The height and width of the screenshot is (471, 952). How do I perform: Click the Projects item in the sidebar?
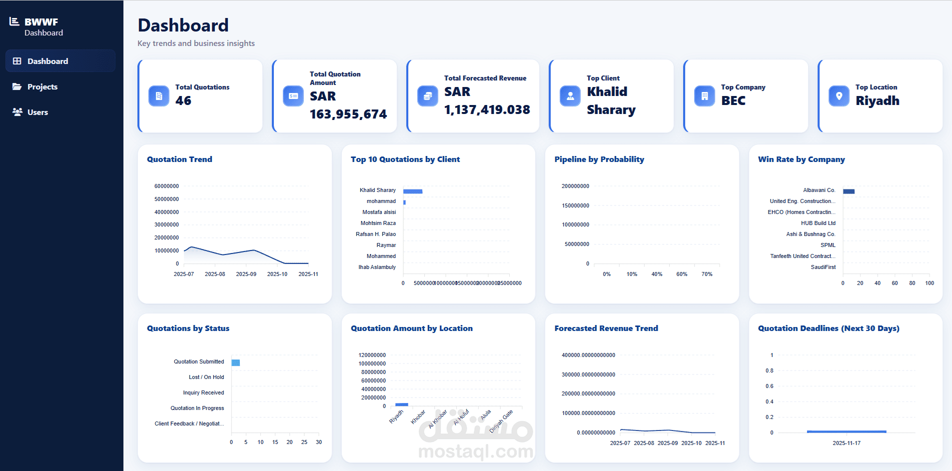pos(42,87)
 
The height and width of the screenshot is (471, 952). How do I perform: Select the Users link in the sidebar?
pos(37,112)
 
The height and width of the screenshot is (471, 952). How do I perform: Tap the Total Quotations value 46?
pos(183,100)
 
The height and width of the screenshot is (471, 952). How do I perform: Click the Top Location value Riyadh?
pos(877,100)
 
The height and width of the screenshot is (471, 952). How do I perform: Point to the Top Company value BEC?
pos(733,100)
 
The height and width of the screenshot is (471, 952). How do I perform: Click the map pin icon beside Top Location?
pos(839,96)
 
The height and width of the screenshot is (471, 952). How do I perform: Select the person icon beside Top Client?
pos(570,96)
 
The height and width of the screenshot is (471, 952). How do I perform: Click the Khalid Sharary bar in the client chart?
pos(413,191)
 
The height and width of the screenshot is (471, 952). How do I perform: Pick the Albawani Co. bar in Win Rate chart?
pos(849,191)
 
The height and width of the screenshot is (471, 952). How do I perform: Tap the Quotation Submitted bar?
pos(236,362)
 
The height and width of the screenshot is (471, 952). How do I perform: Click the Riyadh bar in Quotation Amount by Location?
pos(401,404)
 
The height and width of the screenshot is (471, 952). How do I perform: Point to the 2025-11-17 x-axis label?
pos(846,443)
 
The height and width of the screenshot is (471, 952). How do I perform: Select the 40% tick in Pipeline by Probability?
pos(657,274)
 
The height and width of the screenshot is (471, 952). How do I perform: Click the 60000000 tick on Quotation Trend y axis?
pos(166,186)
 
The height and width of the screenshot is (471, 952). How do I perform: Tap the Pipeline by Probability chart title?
pos(599,159)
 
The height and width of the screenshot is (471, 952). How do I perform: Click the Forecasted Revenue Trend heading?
pos(606,328)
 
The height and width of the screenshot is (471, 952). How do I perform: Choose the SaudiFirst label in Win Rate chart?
pos(823,267)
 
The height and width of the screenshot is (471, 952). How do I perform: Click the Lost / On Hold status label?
pos(206,377)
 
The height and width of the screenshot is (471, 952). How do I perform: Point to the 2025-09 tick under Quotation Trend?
pos(246,274)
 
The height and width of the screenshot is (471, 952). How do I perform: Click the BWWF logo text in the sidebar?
pos(41,22)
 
